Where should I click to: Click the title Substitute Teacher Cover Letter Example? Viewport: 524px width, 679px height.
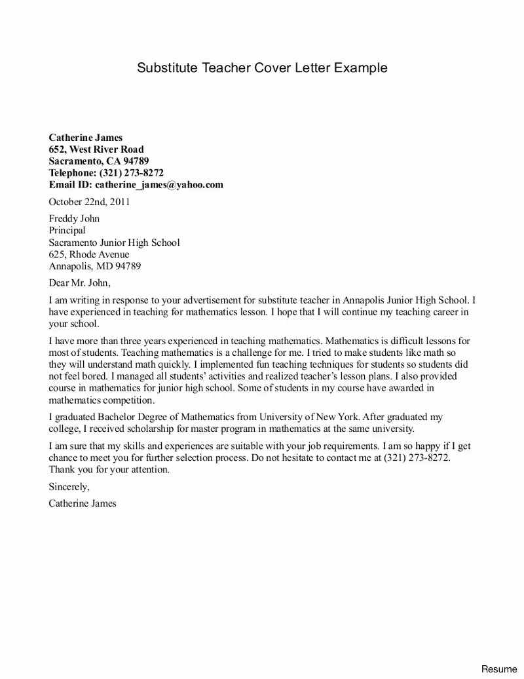coord(262,68)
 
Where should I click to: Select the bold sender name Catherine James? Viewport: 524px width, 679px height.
coord(86,138)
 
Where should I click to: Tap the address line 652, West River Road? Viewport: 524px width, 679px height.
coord(96,149)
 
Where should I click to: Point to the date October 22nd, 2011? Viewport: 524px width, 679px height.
coord(89,202)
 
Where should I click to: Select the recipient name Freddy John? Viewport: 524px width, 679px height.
coord(74,219)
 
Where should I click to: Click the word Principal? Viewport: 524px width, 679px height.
coord(67,231)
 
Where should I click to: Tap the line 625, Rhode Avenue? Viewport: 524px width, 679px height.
coord(89,254)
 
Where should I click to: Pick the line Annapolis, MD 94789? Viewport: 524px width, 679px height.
coord(95,266)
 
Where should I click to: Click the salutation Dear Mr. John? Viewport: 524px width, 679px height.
coord(80,283)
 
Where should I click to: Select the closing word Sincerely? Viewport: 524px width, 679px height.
coord(69,487)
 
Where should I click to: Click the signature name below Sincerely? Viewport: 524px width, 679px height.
coord(83,504)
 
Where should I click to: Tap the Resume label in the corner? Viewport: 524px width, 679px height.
coord(499,669)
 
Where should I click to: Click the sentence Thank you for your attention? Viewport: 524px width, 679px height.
coord(109,470)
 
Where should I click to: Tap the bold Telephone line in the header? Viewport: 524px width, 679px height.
coord(106,173)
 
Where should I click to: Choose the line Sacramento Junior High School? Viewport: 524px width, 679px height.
coord(114,242)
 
